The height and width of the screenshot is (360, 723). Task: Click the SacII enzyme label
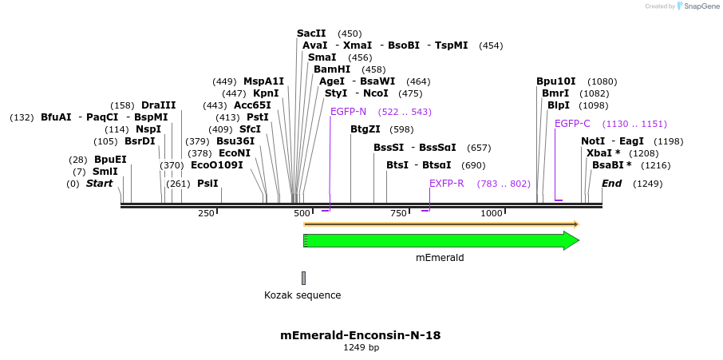[x=311, y=34]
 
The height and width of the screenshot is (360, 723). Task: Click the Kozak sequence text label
[x=302, y=295]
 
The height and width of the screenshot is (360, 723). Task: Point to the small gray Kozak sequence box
[x=303, y=278]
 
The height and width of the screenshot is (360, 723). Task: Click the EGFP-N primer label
[x=348, y=112]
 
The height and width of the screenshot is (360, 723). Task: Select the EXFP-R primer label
[x=447, y=184]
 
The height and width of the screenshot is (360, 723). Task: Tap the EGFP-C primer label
[x=572, y=124]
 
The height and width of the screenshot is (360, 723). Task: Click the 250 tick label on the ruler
[x=206, y=213]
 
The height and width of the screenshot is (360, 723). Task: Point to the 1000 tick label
[x=492, y=213]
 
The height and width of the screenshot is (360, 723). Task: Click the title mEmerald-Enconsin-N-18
[x=361, y=335]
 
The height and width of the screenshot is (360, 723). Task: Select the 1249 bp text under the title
[x=361, y=348]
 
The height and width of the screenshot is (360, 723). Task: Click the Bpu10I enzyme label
[x=555, y=81]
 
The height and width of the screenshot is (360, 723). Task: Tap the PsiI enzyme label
[x=207, y=184]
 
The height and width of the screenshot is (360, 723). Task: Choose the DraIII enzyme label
[x=158, y=105]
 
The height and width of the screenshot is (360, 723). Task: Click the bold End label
[x=611, y=184]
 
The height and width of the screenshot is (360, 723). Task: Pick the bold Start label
[x=100, y=184]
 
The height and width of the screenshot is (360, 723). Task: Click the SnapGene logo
[x=695, y=6]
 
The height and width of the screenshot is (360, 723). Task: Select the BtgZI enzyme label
[x=365, y=129]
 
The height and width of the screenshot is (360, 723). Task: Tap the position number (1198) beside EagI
[x=668, y=141]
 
